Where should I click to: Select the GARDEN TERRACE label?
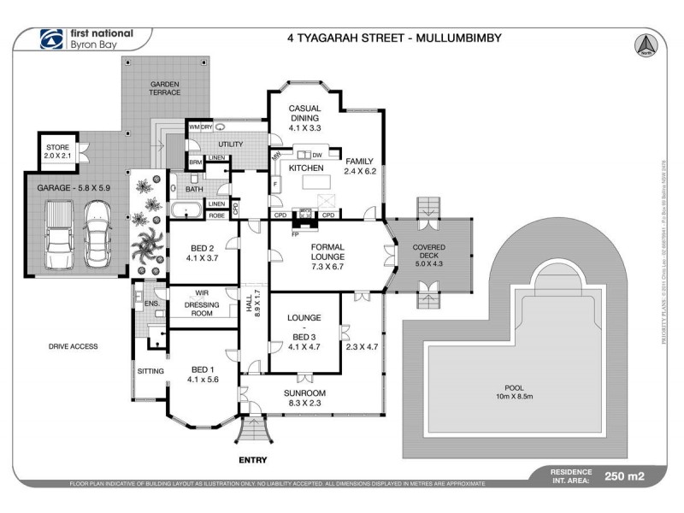pyautogui.click(x=165, y=88)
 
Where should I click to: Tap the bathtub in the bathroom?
pyautogui.click(x=185, y=210)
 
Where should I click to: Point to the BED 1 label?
pyautogui.click(x=203, y=374)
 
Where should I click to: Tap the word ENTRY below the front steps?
pyautogui.click(x=253, y=459)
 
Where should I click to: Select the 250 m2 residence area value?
pyautogui.click(x=624, y=477)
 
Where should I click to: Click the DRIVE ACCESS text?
pyautogui.click(x=74, y=346)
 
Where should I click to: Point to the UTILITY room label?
pyautogui.click(x=231, y=144)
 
